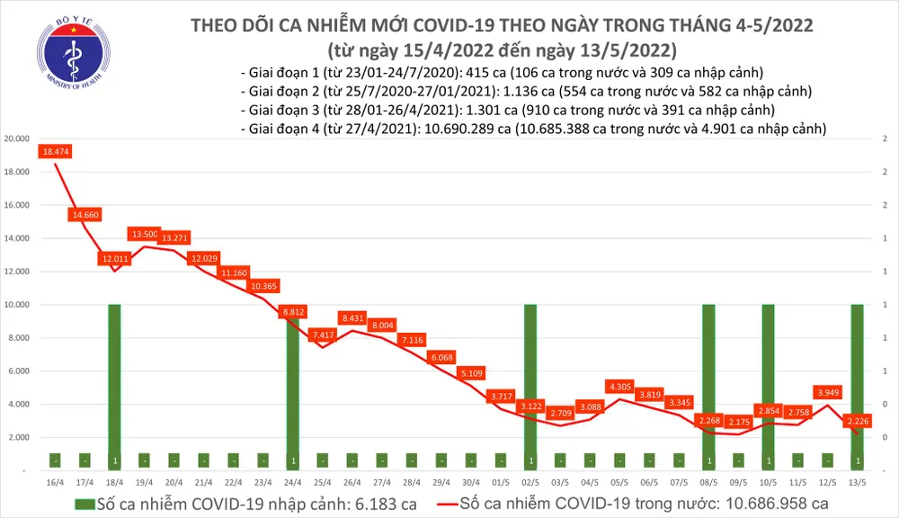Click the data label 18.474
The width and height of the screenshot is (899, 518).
55,152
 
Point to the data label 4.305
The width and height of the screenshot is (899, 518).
619,387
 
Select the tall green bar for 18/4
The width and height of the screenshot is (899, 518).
114,387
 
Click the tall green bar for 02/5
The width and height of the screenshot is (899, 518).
530,387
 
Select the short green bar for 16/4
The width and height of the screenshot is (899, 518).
55,461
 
